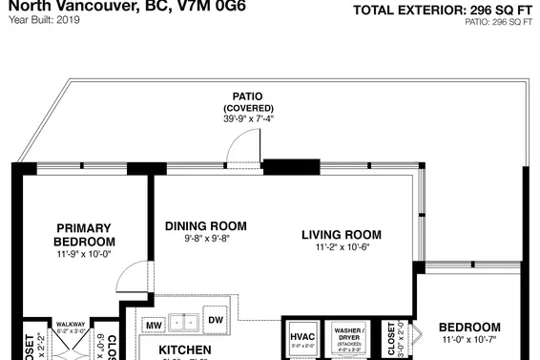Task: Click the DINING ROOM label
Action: click(x=205, y=226)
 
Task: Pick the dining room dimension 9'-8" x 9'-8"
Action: click(x=205, y=240)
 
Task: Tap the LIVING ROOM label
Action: click(x=341, y=235)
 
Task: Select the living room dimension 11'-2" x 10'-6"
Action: click(x=341, y=248)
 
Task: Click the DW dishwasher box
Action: click(x=216, y=321)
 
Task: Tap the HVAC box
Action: click(x=301, y=338)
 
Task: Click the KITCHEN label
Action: click(x=184, y=350)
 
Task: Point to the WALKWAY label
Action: click(x=72, y=325)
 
